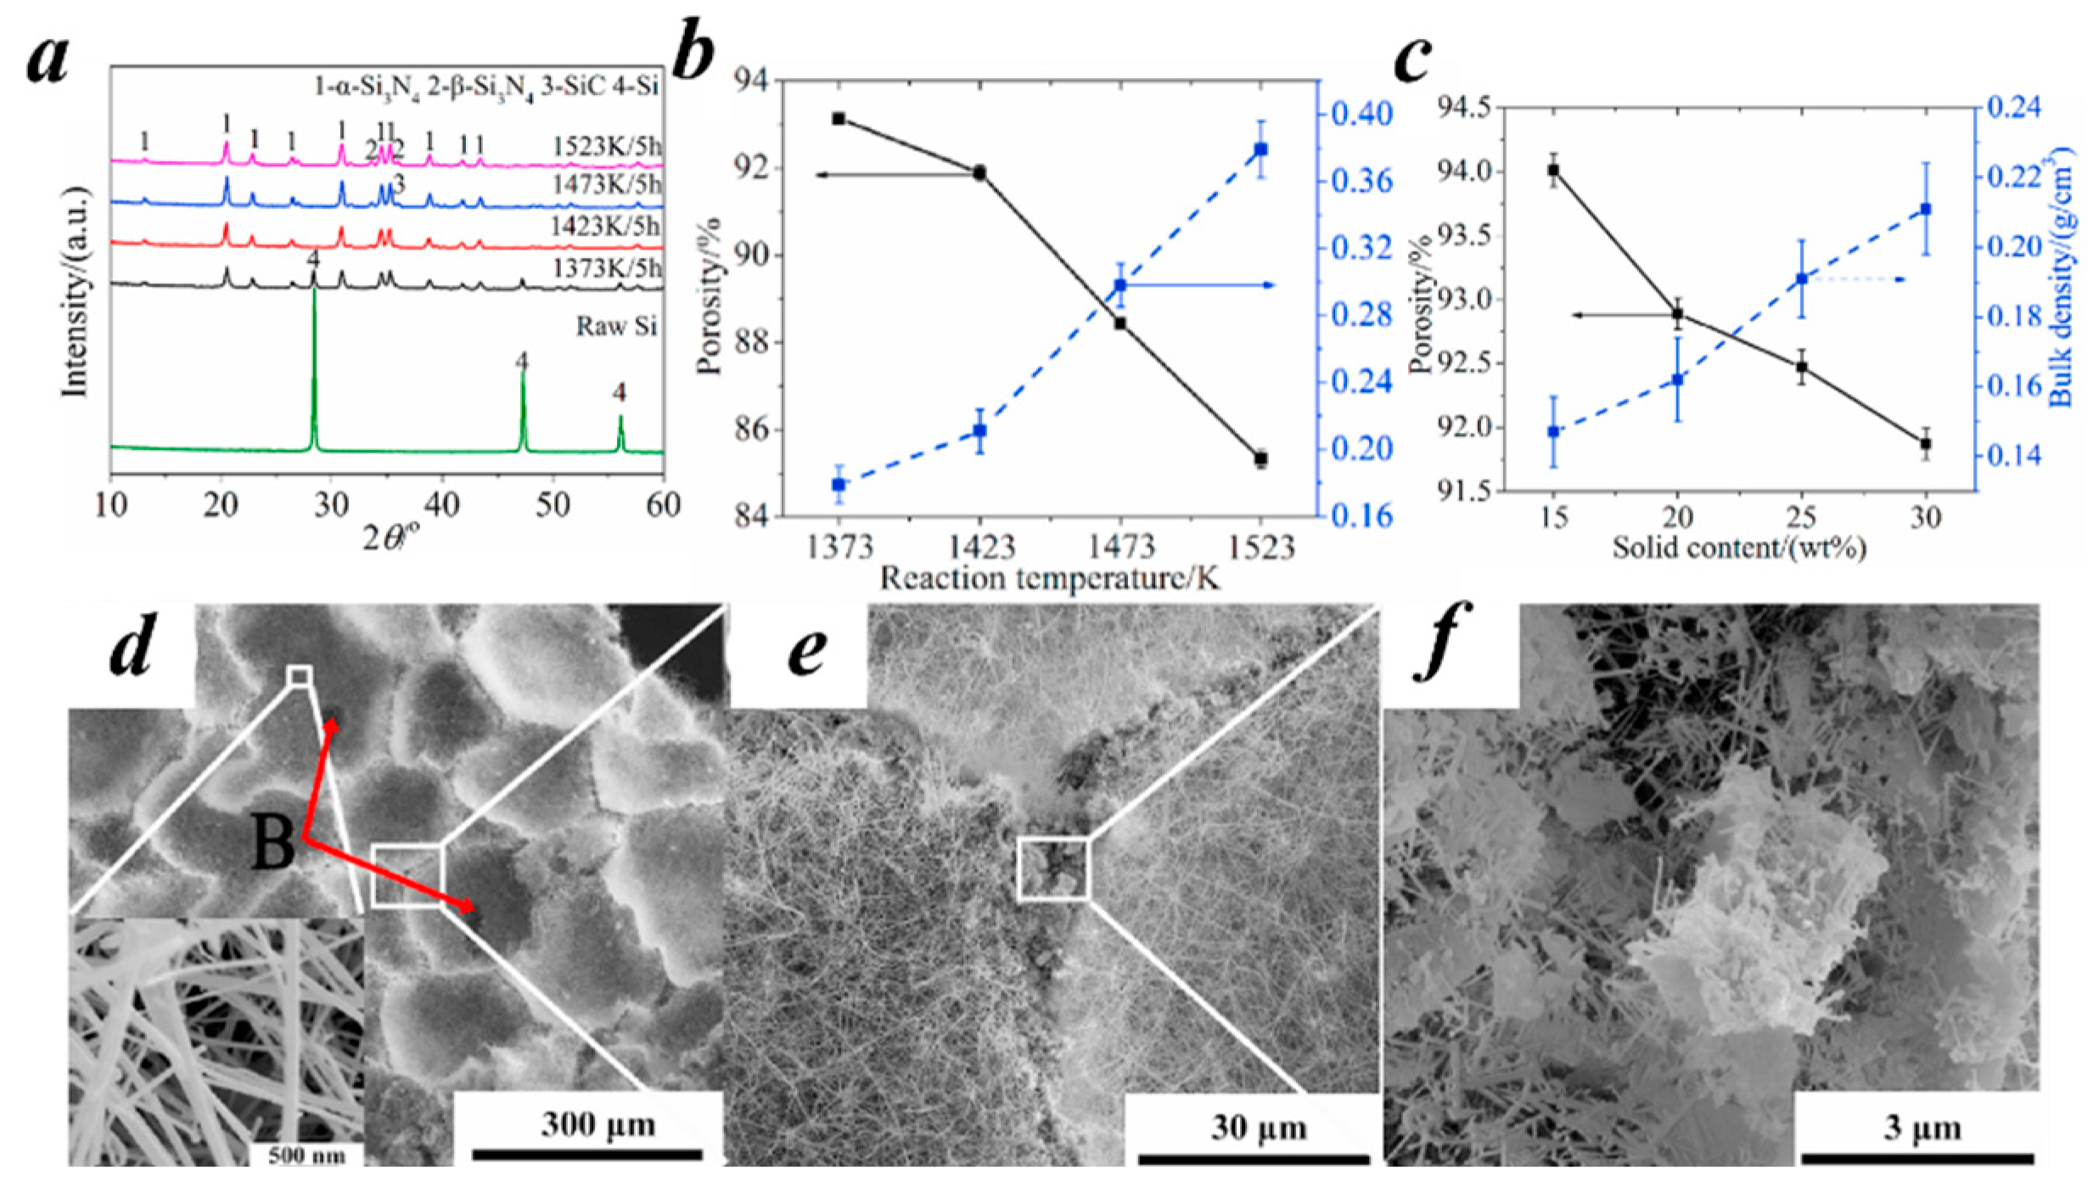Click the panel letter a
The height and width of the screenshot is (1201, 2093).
48,61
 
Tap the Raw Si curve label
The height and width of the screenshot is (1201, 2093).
617,327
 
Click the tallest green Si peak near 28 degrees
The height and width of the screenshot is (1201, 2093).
315,293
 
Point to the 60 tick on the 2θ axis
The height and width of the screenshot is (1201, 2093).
663,506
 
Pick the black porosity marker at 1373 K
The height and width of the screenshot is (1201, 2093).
839,119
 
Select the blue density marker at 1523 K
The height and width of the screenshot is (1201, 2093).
1261,149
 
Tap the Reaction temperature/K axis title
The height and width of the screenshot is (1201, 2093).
1050,579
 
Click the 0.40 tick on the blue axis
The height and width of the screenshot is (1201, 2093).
1361,114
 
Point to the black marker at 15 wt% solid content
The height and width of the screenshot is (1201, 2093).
1553,171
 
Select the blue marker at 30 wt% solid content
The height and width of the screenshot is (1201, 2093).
1926,209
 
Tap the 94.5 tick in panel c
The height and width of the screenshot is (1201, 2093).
1462,108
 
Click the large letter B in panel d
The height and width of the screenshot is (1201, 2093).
272,845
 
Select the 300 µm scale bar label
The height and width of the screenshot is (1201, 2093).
598,1125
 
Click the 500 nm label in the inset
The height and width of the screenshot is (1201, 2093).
306,1156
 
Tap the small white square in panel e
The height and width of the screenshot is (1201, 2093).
1052,867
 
